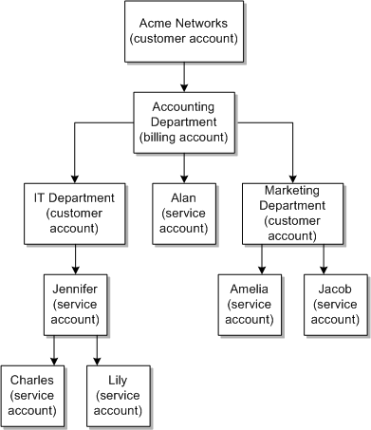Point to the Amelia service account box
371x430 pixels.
[249, 304]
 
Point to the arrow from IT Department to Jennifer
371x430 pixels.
[73, 258]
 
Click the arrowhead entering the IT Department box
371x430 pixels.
[73, 178]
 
